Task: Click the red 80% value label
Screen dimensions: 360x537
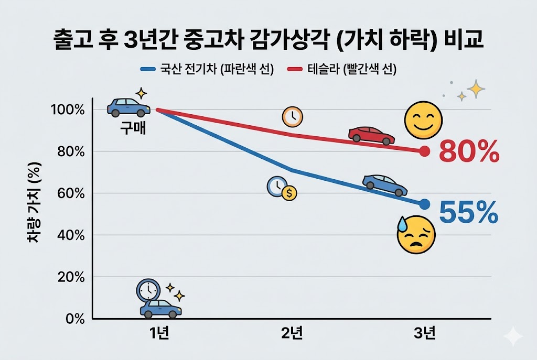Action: click(x=468, y=152)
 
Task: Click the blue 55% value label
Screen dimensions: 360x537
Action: click(x=468, y=212)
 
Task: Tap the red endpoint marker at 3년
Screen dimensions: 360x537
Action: click(x=425, y=151)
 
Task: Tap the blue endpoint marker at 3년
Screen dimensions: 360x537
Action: click(x=425, y=204)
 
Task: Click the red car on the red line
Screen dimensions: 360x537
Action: click(x=371, y=135)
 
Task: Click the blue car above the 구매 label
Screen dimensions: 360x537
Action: click(x=128, y=107)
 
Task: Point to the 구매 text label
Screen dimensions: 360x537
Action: click(x=133, y=127)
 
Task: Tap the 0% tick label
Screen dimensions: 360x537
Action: click(x=76, y=319)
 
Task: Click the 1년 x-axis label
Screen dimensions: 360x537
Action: click(x=158, y=334)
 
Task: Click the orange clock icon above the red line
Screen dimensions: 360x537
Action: click(x=292, y=117)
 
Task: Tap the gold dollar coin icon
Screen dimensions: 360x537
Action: click(x=289, y=193)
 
